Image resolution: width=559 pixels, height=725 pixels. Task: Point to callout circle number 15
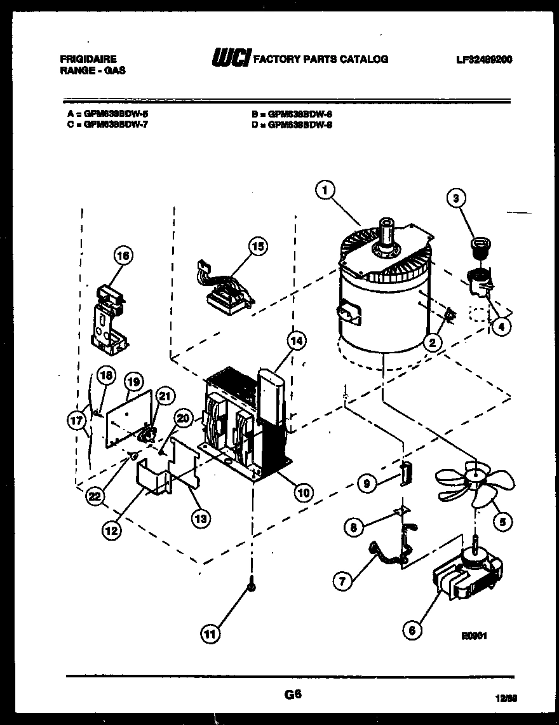point(258,247)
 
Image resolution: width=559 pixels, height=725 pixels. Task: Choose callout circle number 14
point(295,341)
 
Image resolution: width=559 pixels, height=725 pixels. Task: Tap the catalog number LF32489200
point(484,60)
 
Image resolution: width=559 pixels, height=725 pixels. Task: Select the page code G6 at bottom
point(292,695)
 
